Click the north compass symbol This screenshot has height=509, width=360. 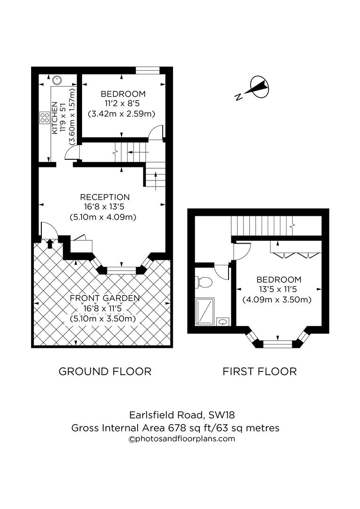tap(258, 88)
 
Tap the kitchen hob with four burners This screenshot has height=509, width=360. tap(45, 117)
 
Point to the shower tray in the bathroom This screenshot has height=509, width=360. tap(205, 311)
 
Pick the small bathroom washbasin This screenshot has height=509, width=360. tap(223, 321)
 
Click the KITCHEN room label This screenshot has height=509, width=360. tap(55, 118)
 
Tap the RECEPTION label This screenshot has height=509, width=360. tap(105, 197)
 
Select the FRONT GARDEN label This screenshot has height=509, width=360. tap(105, 298)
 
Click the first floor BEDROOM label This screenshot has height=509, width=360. tap(278, 279)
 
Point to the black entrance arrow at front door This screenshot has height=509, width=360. tap(50, 243)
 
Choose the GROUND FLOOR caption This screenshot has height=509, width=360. tap(105, 371)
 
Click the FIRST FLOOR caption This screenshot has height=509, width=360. tap(260, 371)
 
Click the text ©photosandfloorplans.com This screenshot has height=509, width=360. tap(182, 439)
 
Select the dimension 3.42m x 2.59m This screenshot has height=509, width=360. tap(122, 114)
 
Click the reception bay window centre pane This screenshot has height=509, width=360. tap(121, 271)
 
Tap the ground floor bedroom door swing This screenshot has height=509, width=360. tap(155, 134)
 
